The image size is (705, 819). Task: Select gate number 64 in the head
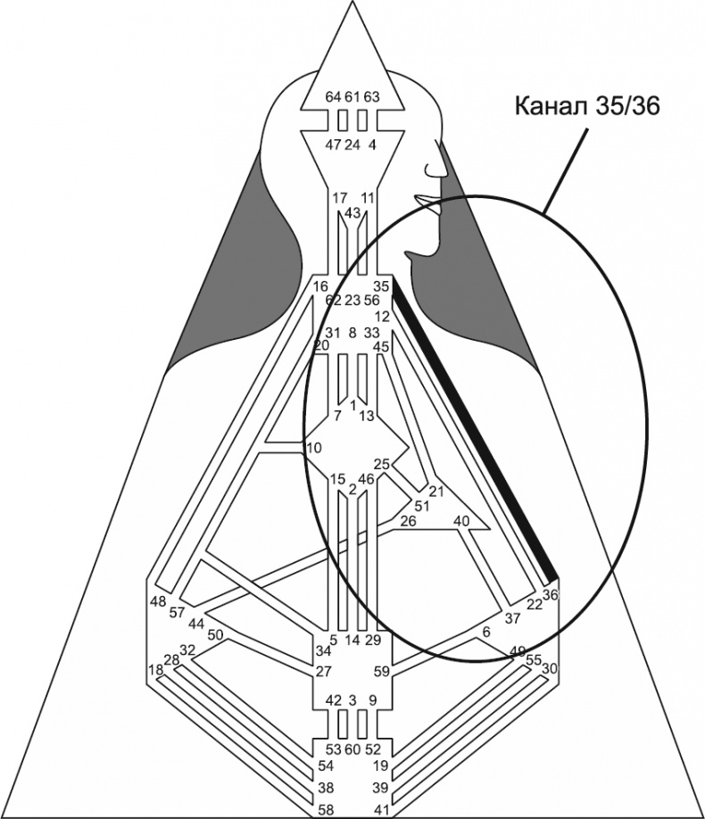(332, 96)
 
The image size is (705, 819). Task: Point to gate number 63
(372, 96)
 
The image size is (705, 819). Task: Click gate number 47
(332, 145)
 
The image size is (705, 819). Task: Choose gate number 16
(321, 286)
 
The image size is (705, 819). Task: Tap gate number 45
(382, 346)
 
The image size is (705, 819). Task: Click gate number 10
(313, 447)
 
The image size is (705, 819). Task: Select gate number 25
(381, 463)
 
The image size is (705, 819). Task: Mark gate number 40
(460, 520)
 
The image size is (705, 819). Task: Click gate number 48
(158, 600)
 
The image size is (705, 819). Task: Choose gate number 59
(382, 671)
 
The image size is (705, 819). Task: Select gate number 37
(511, 618)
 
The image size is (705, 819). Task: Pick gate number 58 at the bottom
(328, 809)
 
